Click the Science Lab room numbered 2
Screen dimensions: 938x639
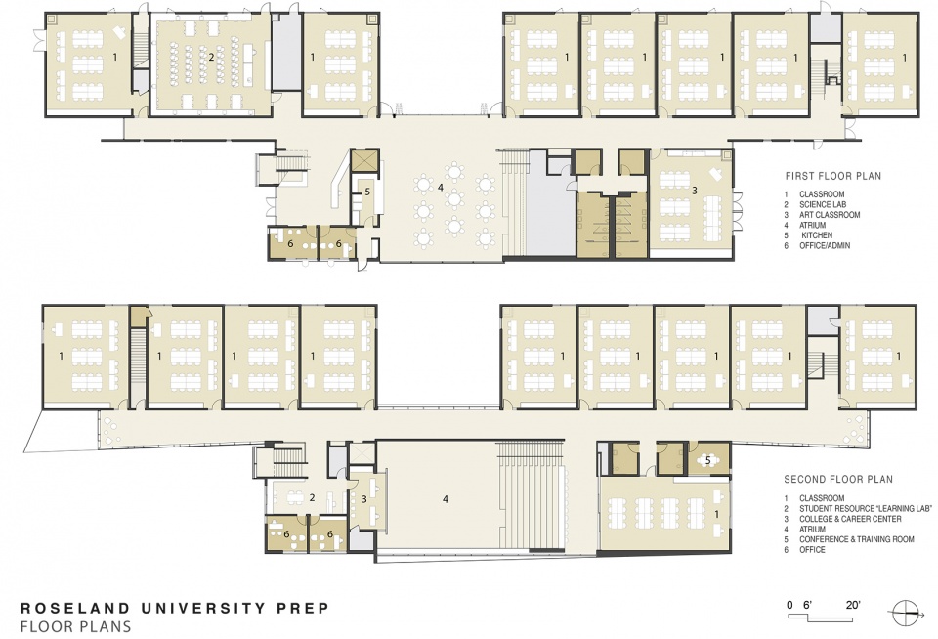coord(211,64)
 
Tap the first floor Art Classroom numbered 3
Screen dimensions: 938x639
coord(691,203)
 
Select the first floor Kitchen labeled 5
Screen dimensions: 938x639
coord(364,198)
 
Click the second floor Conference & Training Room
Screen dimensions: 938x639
coord(709,459)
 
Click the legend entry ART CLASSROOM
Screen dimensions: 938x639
coord(830,215)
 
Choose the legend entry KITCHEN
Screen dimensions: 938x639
coord(817,235)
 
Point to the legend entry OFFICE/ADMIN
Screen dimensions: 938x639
coord(825,246)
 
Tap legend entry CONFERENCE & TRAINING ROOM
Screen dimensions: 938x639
coord(857,539)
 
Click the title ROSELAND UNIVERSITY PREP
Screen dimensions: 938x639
coord(175,609)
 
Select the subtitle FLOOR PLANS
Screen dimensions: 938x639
coord(75,627)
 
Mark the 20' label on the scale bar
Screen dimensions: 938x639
coord(853,605)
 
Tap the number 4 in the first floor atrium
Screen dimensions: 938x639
coord(441,188)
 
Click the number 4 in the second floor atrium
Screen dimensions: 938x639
coord(446,499)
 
